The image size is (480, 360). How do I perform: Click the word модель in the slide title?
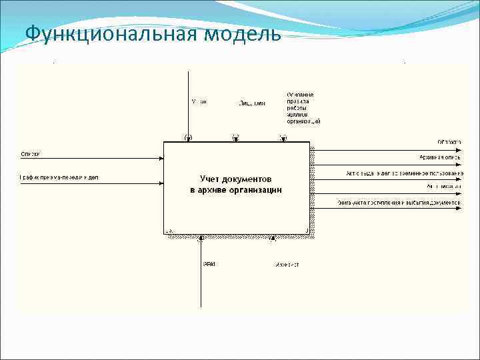pos(244,33)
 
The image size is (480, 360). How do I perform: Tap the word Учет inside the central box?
pos(213,179)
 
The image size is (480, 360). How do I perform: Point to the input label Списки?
pos(31,154)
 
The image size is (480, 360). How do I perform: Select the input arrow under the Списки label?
pos(93,159)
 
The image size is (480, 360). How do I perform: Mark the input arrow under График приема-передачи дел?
pos(93,183)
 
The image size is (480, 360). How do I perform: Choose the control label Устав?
pos(199,102)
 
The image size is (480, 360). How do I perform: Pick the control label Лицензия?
pos(252,103)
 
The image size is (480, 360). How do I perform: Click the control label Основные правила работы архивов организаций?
pos(303,108)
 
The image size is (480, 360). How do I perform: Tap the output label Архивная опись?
pos(441,158)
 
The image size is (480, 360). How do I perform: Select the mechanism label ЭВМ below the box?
pos(209,265)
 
